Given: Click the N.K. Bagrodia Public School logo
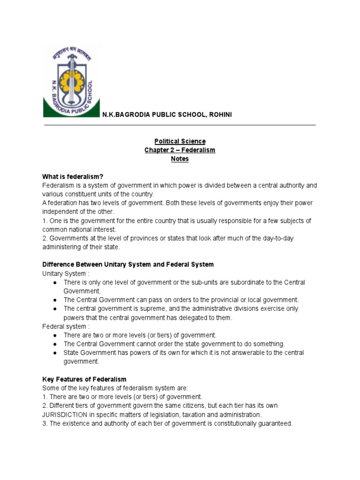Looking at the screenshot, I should [x=71, y=81].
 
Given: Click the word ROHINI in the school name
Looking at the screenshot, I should [x=218, y=115].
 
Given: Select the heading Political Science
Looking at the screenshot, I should [x=180, y=141].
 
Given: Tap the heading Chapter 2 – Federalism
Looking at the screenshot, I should [x=180, y=150].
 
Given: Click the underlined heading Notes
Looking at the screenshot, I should [x=180, y=159].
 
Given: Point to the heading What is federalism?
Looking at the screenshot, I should [x=72, y=177].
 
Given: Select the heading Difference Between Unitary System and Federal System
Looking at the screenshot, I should [x=128, y=264].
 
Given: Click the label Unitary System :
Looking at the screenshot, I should [x=64, y=273].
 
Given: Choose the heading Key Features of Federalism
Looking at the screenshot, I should [x=84, y=379].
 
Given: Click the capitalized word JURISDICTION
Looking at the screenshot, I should [x=65, y=414].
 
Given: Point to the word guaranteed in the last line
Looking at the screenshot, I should [x=276, y=423].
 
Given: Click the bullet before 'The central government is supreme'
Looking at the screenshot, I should [x=55, y=309].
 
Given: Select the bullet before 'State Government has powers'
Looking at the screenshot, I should [x=55, y=353].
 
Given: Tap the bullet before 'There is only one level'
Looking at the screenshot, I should [x=55, y=283].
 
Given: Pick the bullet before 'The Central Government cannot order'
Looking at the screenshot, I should [x=55, y=344].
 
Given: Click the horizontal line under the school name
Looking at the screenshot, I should [x=180, y=125].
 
